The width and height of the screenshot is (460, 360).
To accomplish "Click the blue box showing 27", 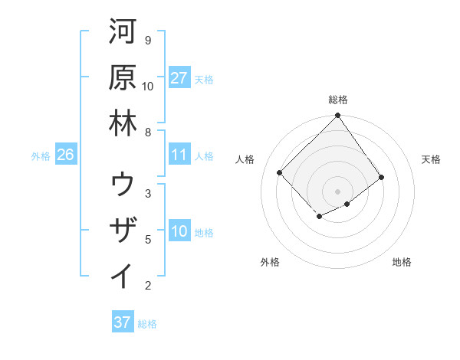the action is pos(179,78).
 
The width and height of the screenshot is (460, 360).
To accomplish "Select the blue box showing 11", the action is pos(179,155).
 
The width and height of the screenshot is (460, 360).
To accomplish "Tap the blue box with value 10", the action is pos(179,231).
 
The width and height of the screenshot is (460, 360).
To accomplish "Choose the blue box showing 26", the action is pos(65,155).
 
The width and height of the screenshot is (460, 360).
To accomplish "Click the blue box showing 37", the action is pos(123,322).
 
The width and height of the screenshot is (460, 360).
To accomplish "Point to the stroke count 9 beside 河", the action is pos(147,40).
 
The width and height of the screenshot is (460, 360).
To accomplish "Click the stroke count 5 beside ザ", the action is pos(147,240).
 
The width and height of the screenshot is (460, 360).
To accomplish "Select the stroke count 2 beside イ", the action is pos(147,286).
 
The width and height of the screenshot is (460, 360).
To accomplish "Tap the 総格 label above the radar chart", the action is pos(338,100).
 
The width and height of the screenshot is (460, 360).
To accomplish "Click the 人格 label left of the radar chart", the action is pos(245,159).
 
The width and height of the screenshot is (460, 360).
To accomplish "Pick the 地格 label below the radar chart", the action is pos(402,262).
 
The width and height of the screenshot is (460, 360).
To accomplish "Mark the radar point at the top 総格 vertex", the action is pos(338,116).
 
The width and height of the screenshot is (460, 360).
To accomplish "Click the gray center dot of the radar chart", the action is pos(338,191).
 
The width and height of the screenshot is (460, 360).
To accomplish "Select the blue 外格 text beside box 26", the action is pos(41,155).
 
